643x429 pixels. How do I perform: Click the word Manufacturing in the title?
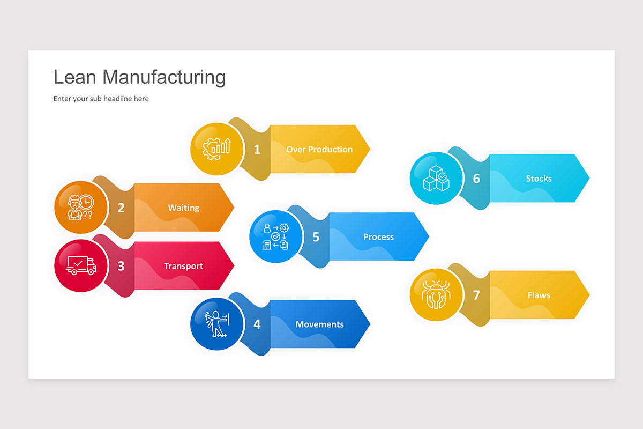tap(164, 77)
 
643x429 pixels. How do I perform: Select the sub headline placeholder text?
tap(101, 99)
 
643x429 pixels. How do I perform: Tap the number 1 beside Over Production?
tap(257, 150)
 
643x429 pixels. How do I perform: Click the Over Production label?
tap(319, 150)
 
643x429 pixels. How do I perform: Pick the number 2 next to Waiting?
tap(121, 208)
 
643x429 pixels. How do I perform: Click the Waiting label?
tap(184, 208)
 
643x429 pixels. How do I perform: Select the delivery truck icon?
tap(81, 265)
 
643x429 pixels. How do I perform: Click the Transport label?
tap(184, 266)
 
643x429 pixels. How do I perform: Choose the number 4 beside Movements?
tap(257, 324)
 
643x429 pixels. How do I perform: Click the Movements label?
tap(319, 324)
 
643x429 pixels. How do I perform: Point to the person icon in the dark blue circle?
tap(216, 324)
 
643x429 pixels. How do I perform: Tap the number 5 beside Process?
tap(316, 237)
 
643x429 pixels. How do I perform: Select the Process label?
tap(378, 237)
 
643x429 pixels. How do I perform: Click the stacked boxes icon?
tap(436, 178)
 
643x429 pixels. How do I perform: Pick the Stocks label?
tap(539, 179)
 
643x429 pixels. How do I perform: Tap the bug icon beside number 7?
tap(436, 294)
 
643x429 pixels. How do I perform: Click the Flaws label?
tap(539, 295)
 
